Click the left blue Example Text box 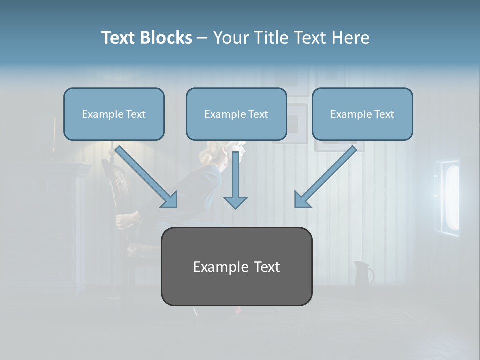point(114,114)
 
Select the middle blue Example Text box point(236,114)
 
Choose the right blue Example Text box point(362,114)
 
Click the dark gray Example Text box point(236,267)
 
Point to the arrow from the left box point(145,175)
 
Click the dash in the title point(202,38)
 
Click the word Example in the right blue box point(348,114)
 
